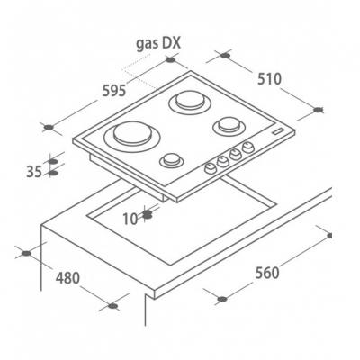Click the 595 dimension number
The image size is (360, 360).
[x=114, y=91]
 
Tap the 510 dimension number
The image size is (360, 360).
[x=270, y=79]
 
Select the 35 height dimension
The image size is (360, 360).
[x=34, y=172]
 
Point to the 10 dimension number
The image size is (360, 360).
[x=130, y=219]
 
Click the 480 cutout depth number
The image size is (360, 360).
[x=67, y=278]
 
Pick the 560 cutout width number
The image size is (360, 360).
[x=267, y=273]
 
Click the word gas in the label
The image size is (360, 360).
[x=148, y=44]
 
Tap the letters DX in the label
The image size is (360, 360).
[x=172, y=43]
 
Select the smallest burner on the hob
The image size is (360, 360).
[x=171, y=160]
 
